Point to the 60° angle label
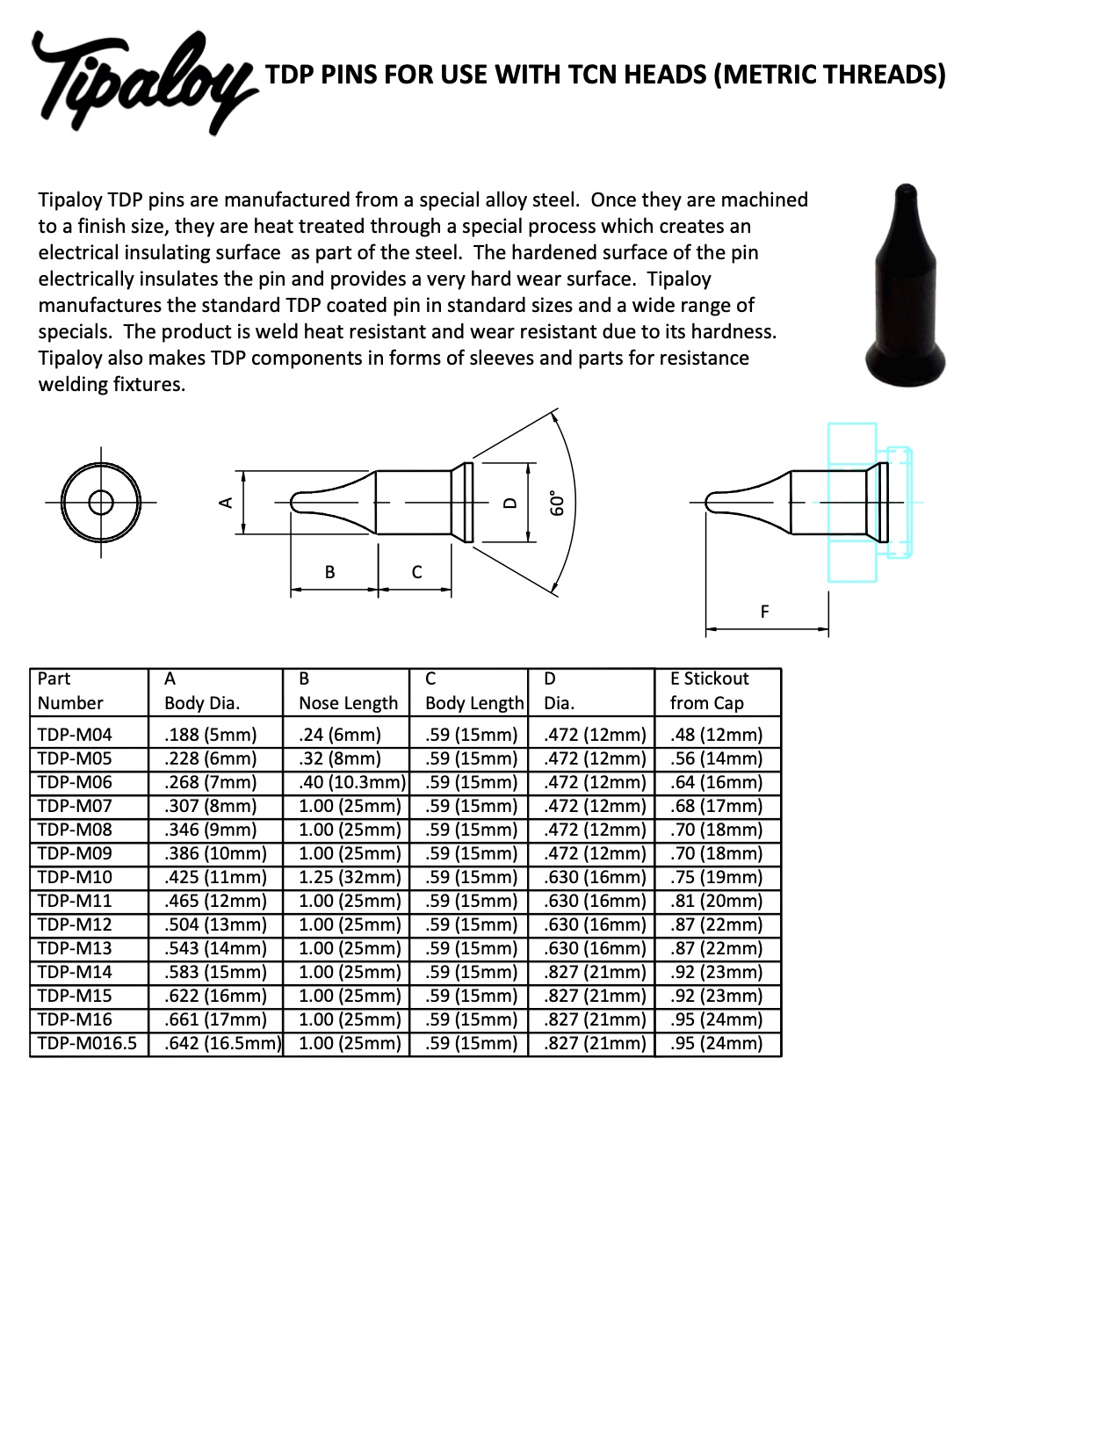click(x=555, y=502)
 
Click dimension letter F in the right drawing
click(x=764, y=611)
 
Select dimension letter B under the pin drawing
click(x=329, y=571)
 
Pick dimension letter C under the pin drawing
click(x=416, y=571)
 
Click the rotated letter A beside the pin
click(x=226, y=502)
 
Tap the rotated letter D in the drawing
click(x=509, y=503)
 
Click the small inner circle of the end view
click(x=101, y=502)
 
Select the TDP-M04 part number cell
click(x=76, y=734)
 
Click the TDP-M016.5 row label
click(x=88, y=1043)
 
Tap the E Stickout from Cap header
click(x=709, y=691)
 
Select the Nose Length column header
click(x=348, y=703)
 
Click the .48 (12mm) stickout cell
click(x=716, y=734)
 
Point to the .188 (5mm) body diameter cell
click(x=211, y=734)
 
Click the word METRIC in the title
click(x=769, y=74)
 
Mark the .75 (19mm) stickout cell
click(x=716, y=877)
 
